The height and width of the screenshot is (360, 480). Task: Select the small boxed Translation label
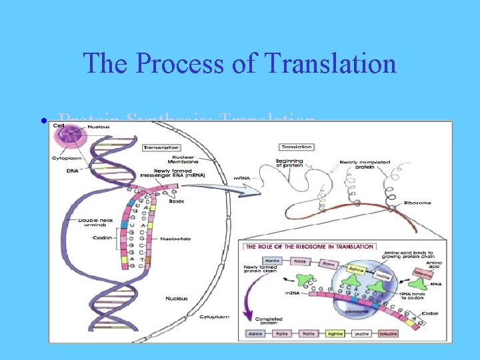click(x=297, y=147)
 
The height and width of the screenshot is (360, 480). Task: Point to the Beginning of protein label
click(x=289, y=164)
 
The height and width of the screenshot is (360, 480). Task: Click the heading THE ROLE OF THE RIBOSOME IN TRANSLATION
click(x=310, y=247)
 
